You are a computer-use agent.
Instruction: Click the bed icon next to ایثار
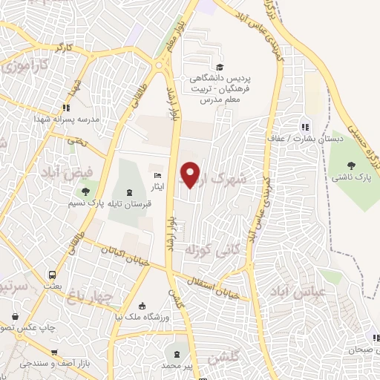click(156, 175)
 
